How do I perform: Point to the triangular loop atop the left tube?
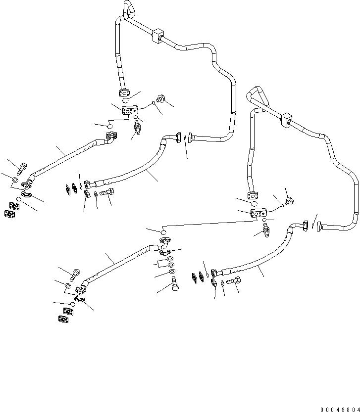coord(129,8)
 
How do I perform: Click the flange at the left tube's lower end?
coord(125,92)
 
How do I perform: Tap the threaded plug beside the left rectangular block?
coord(159,99)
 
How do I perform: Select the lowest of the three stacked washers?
coord(171,273)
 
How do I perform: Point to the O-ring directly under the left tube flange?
coord(127,100)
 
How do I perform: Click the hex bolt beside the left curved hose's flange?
coord(108,192)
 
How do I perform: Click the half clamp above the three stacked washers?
coord(164,253)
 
